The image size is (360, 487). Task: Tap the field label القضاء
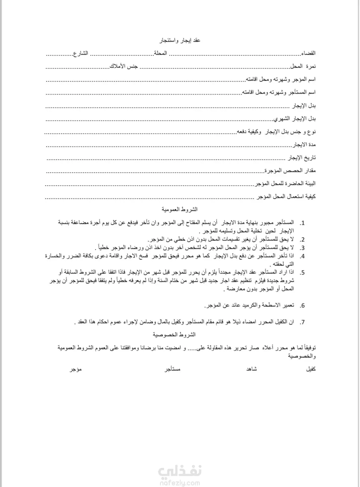click(x=308, y=53)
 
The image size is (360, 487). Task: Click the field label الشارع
click(x=81, y=53)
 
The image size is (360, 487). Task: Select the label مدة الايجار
click(x=304, y=145)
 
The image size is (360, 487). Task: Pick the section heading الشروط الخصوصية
click(x=174, y=334)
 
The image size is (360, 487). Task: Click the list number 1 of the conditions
click(x=302, y=223)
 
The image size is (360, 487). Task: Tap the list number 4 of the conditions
click(x=302, y=256)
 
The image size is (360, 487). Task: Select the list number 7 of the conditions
click(x=302, y=322)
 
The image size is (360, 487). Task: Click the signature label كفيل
click(x=311, y=369)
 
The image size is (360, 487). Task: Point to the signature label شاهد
click(x=252, y=369)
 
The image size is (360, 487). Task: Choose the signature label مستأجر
click(x=173, y=369)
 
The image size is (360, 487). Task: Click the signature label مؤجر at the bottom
click(x=75, y=369)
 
